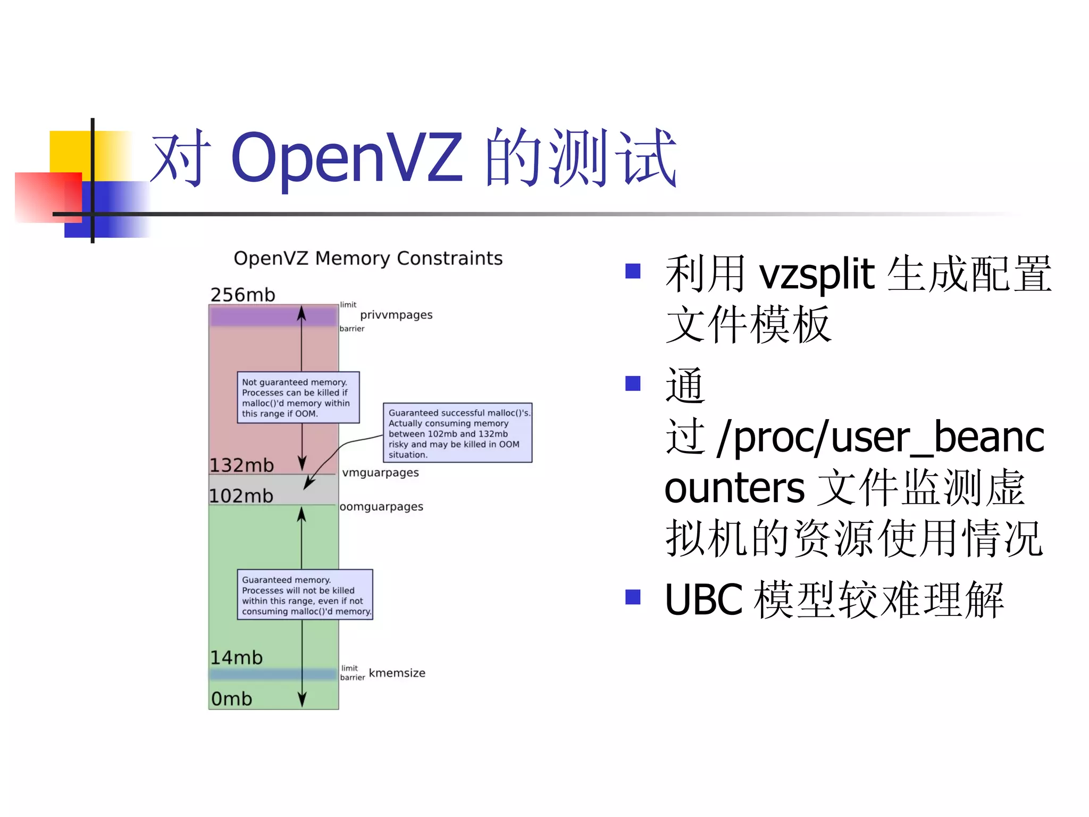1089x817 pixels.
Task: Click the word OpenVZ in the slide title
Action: click(x=346, y=157)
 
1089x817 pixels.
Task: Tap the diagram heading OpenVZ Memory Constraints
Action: click(x=368, y=259)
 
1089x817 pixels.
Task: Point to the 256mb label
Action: click(x=243, y=295)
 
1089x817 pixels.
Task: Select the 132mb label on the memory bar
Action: click(x=242, y=465)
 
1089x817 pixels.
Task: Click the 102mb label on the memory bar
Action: click(x=241, y=496)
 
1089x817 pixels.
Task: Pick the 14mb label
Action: click(x=237, y=657)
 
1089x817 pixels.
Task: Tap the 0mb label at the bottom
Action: click(x=232, y=698)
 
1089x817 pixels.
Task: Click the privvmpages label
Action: click(x=396, y=315)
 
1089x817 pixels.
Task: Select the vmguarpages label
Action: click(x=380, y=472)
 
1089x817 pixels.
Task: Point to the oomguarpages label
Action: click(x=381, y=506)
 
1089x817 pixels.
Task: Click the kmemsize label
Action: click(x=397, y=673)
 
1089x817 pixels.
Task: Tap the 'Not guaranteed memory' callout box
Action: click(x=298, y=397)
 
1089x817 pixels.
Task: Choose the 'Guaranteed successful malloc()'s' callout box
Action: click(x=457, y=433)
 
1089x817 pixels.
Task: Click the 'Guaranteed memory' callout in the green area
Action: click(x=305, y=595)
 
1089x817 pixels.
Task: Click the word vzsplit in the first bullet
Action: click(x=816, y=274)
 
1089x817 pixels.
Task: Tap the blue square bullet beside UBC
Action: click(x=633, y=597)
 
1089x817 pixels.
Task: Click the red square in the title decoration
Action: click(x=48, y=197)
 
